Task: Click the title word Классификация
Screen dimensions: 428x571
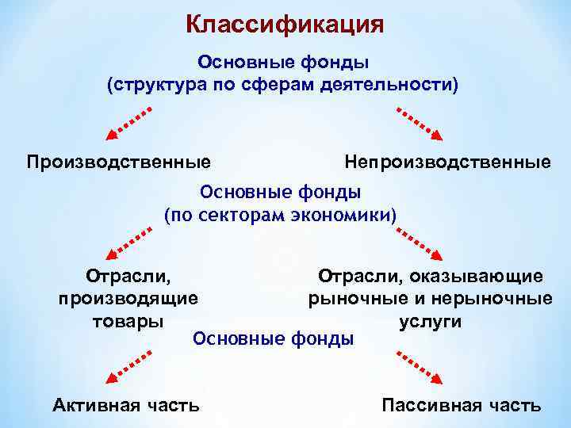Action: click(285, 24)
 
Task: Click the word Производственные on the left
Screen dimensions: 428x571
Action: click(119, 162)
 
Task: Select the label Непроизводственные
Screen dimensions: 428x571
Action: click(447, 162)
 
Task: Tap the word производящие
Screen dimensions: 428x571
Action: click(128, 299)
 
